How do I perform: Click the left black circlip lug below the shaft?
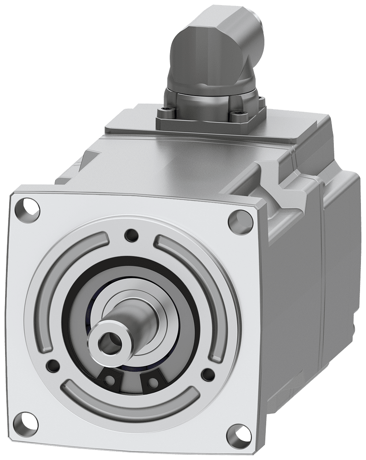point(110,380)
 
